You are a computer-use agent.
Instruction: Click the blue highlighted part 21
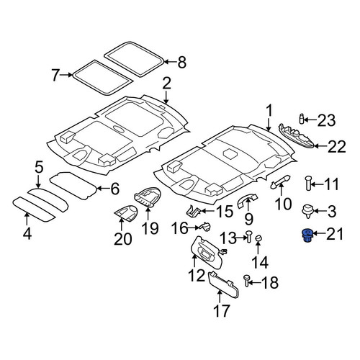[x=307, y=235]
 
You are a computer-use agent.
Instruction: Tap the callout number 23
[x=326, y=120]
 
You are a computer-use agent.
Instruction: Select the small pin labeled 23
[x=302, y=119]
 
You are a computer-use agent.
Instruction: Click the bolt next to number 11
[x=308, y=183]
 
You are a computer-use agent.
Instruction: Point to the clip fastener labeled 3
[x=307, y=211]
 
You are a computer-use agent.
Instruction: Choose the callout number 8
[x=181, y=63]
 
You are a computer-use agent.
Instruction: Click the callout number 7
[x=55, y=75]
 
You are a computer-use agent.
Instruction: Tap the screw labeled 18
[x=246, y=281]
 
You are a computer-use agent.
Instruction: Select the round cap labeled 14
[x=258, y=238]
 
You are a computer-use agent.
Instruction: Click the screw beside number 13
[x=248, y=236]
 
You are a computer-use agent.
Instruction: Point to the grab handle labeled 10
[x=281, y=181]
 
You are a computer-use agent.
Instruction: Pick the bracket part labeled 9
[x=247, y=200]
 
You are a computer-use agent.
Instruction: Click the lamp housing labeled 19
[x=147, y=197]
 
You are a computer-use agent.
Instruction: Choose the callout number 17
[x=222, y=311]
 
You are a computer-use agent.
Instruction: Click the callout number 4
[x=27, y=233]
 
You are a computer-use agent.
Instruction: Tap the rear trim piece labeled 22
[x=297, y=136]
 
